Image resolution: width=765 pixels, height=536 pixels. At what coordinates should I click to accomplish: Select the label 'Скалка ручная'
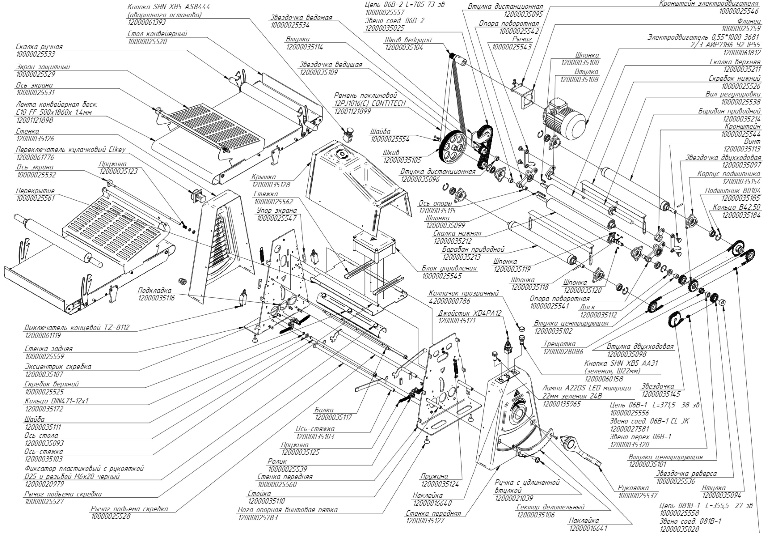(39, 47)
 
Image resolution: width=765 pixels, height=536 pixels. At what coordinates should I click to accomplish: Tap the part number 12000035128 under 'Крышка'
(271, 184)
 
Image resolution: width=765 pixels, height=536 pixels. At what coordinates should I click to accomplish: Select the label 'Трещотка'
(559, 343)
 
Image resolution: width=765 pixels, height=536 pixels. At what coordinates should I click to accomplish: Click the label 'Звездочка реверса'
(686, 474)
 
